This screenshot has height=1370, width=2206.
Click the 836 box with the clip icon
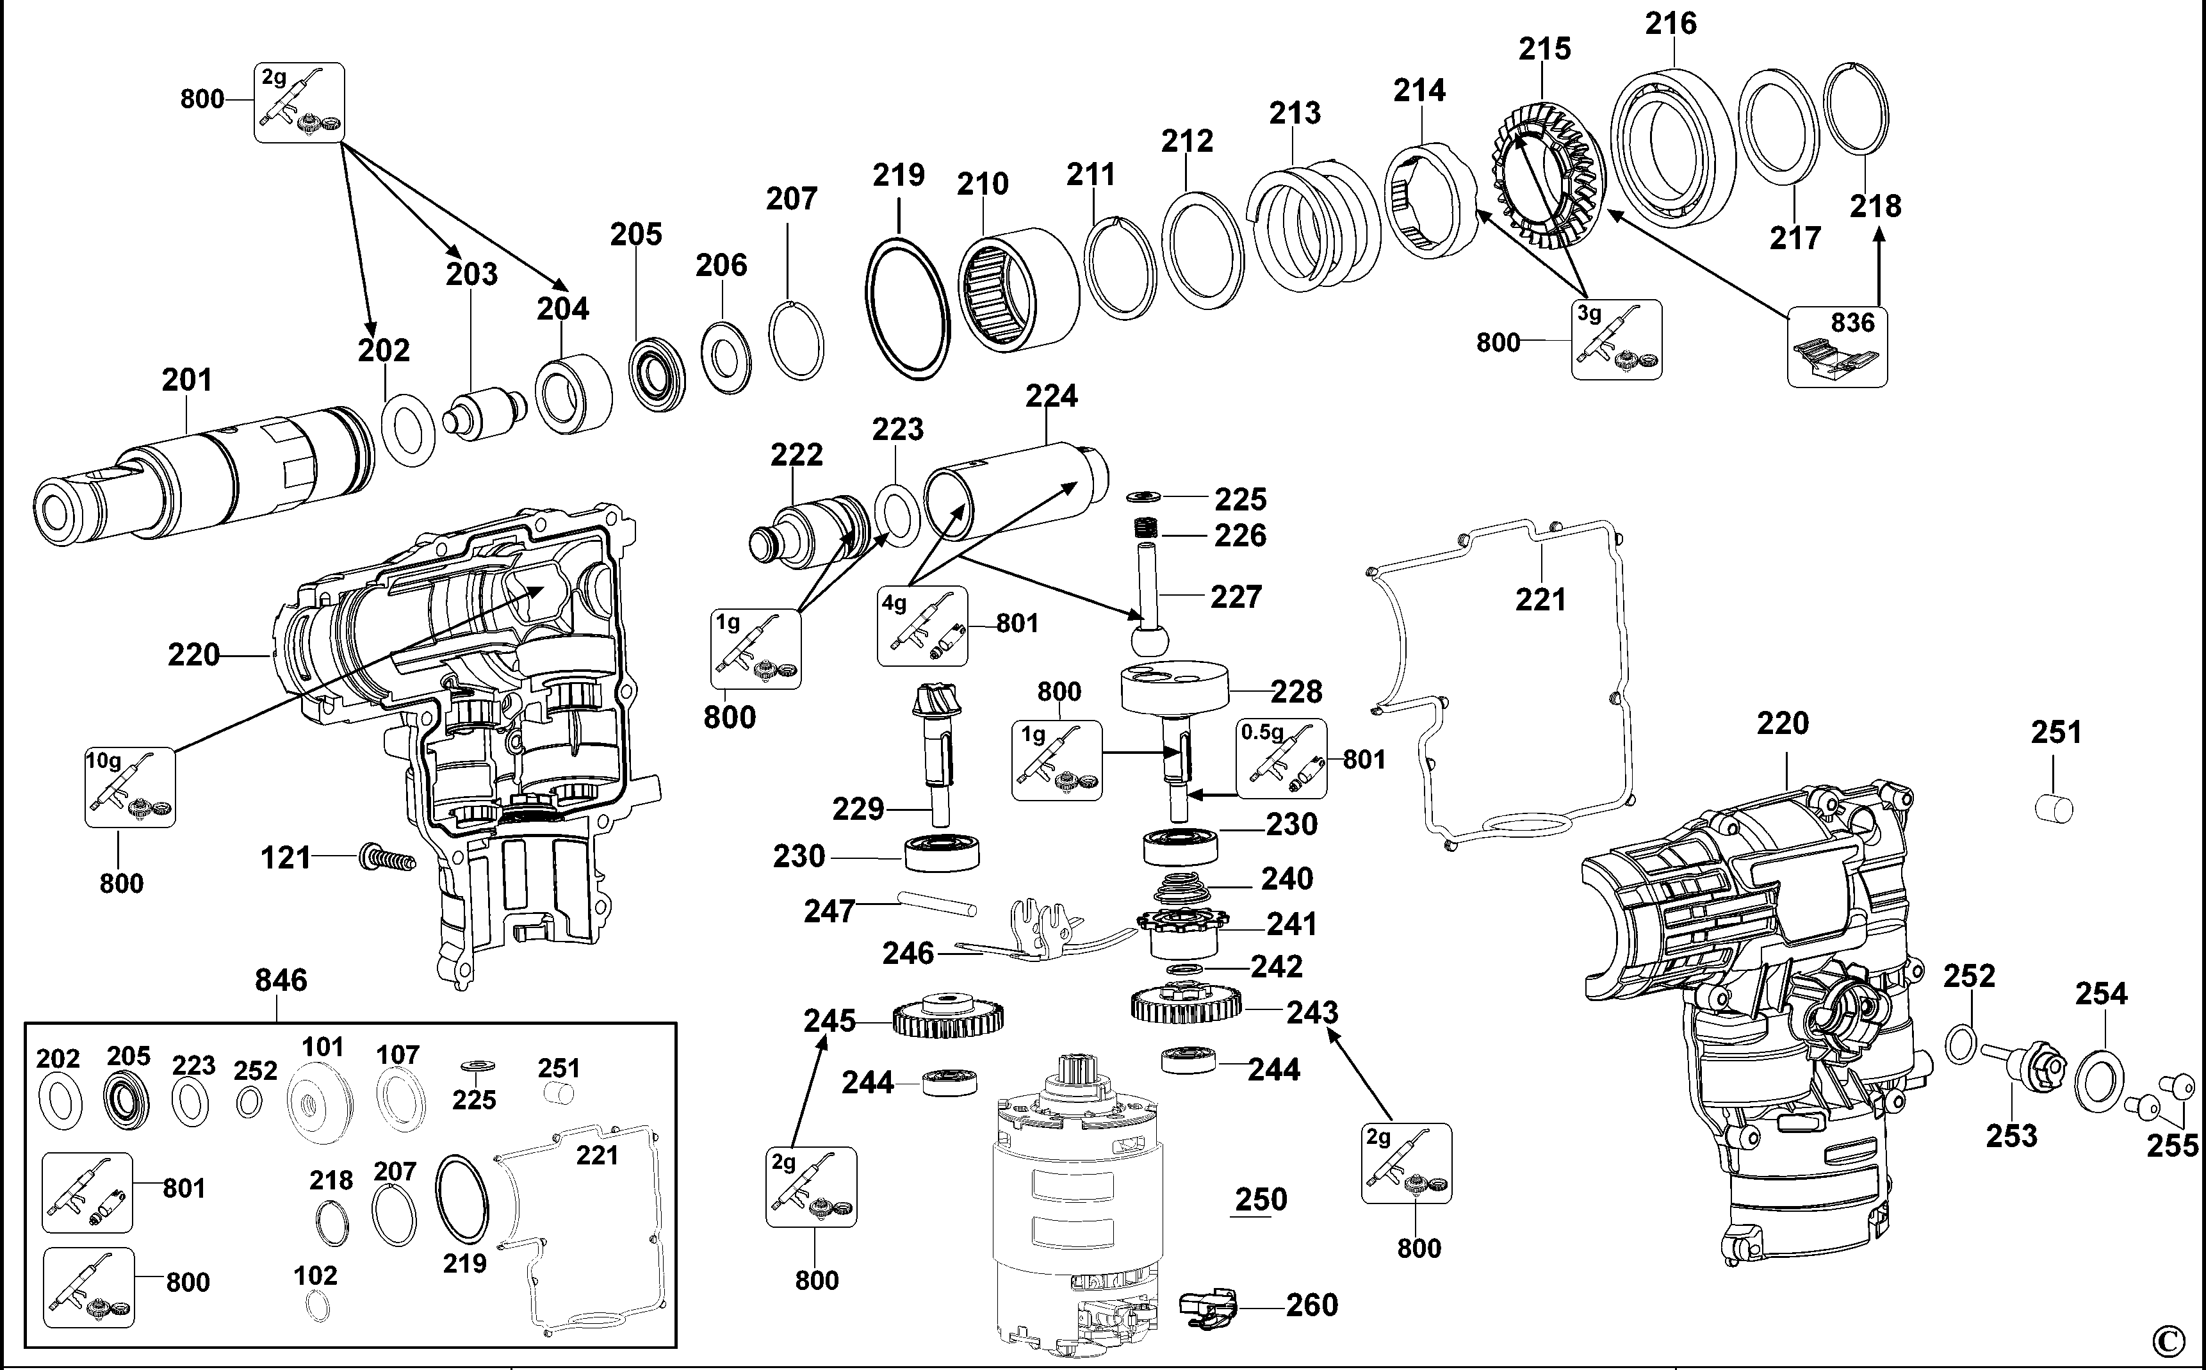pyautogui.click(x=1837, y=347)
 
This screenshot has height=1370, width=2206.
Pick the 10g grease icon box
pyautogui.click(x=129, y=787)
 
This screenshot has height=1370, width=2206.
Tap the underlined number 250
pyautogui.click(x=1260, y=1200)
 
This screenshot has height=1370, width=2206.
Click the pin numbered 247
pyautogui.click(x=938, y=903)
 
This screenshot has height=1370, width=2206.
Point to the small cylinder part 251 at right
pyautogui.click(x=2053, y=806)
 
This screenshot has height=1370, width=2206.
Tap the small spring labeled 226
pyautogui.click(x=1146, y=527)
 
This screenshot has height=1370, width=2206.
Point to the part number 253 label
pyautogui.click(x=2011, y=1136)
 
